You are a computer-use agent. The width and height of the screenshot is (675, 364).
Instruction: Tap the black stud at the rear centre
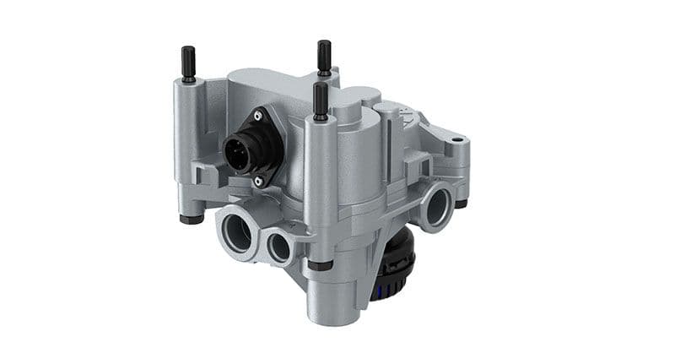[324, 57]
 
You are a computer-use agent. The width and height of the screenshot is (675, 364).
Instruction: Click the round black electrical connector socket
[237, 151]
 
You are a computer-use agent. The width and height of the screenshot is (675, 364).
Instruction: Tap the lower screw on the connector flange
[259, 178]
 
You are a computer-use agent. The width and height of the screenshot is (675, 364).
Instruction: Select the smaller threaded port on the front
[279, 246]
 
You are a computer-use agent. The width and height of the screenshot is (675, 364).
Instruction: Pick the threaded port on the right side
[437, 205]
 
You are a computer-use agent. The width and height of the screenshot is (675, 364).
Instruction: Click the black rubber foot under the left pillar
[192, 219]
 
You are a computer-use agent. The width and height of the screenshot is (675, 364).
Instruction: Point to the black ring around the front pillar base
[320, 265]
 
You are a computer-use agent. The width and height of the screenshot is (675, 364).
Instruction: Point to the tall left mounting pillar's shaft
[187, 135]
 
